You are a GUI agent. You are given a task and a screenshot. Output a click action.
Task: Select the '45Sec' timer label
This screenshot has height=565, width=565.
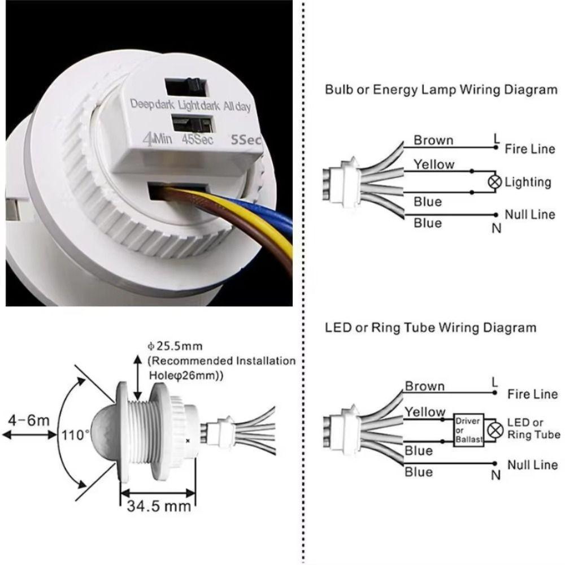pos(197,139)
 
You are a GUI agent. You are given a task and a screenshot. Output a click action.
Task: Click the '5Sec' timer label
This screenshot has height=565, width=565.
pos(244,139)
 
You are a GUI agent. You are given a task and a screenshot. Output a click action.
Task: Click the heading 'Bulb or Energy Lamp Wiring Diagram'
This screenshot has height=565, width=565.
pos(441,89)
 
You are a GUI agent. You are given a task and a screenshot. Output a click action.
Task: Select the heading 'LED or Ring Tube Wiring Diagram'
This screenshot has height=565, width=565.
pos(431,328)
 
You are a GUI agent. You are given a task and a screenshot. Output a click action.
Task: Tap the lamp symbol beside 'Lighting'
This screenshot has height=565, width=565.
pos(496,182)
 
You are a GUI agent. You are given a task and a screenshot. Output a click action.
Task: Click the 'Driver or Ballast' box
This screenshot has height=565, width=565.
pos(468,430)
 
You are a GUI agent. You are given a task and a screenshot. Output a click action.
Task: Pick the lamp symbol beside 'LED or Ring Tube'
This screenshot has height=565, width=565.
pos(496,430)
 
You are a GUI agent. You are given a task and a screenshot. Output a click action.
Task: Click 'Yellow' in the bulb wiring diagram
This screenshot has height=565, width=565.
pos(433,164)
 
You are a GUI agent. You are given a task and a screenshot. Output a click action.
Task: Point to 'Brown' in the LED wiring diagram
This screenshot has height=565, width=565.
pos(424,386)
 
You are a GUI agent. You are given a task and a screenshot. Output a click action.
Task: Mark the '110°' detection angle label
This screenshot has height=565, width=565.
pos(76,436)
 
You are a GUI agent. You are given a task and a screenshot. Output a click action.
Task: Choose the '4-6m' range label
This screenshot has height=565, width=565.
pos(29,421)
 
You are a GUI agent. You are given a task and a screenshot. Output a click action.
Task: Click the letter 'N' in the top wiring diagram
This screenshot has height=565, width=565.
pos(496,228)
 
